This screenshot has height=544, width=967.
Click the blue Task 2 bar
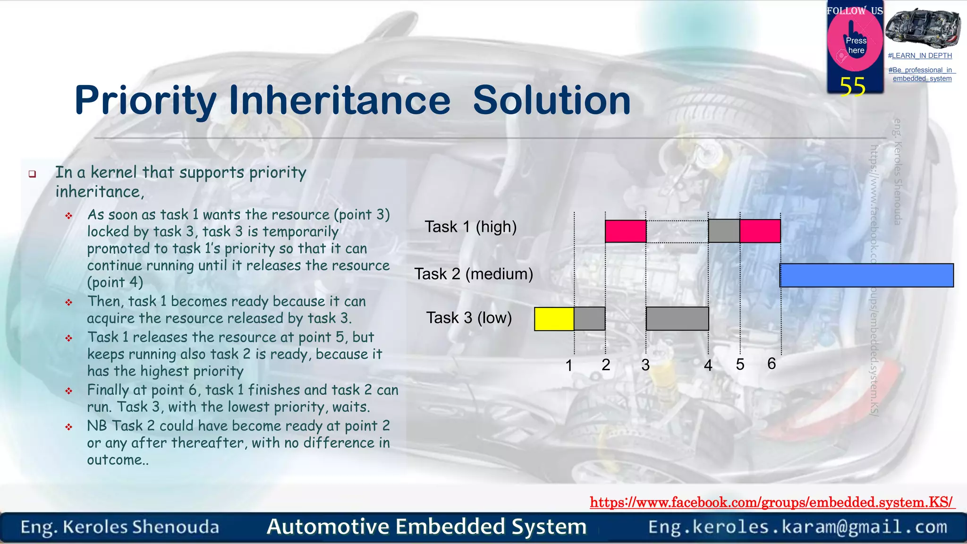(866, 275)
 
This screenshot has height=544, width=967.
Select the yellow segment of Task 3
(554, 319)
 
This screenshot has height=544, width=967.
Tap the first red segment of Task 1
(626, 231)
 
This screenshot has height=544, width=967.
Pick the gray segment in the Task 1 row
(724, 231)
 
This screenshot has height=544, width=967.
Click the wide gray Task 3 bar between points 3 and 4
(677, 319)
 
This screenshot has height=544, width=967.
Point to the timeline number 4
(708, 365)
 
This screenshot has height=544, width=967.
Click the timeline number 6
(772, 364)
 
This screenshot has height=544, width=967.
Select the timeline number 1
(569, 365)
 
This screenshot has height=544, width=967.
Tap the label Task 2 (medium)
(474, 274)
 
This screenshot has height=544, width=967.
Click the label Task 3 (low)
(469, 318)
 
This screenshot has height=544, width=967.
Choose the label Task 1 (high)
(470, 227)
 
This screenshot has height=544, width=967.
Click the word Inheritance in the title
(339, 101)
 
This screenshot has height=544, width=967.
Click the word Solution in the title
(551, 101)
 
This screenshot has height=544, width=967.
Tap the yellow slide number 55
(852, 87)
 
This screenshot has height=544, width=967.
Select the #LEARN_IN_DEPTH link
(920, 56)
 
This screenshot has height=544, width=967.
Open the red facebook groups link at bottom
(772, 502)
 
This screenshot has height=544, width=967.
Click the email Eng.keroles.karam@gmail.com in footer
(797, 527)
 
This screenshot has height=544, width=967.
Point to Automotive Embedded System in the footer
(426, 527)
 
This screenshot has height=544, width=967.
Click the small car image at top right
(922, 27)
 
